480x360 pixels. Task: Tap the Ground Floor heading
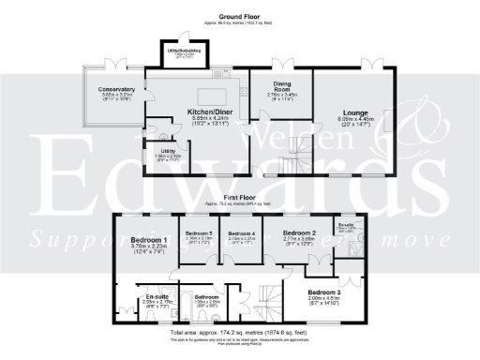click(239, 17)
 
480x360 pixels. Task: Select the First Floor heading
click(239, 198)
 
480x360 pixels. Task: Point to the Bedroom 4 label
click(242, 233)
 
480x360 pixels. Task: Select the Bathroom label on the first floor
click(208, 296)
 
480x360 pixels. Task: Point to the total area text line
click(239, 333)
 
